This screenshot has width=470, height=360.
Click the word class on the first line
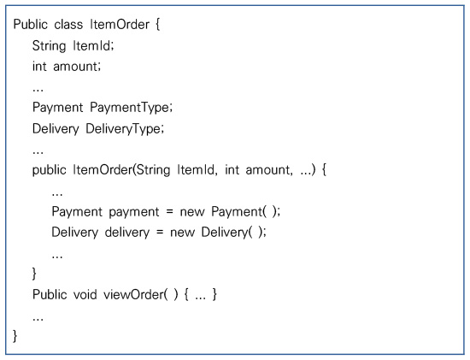click(68, 24)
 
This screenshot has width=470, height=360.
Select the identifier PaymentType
click(131, 108)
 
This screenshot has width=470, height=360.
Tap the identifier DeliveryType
click(125, 129)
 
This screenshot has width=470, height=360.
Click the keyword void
click(85, 295)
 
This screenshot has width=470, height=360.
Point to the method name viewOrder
click(133, 295)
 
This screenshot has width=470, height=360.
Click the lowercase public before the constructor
click(50, 170)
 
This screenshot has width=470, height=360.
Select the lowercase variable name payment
click(134, 212)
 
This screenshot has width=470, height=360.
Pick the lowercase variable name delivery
click(127, 233)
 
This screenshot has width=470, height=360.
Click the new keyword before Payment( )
click(192, 212)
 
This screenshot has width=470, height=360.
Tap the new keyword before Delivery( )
click(182, 233)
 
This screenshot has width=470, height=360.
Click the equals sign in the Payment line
click(170, 212)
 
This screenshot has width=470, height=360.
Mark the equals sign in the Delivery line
click(160, 233)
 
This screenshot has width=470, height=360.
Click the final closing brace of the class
click(15, 336)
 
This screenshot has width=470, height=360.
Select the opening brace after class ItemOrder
click(158, 25)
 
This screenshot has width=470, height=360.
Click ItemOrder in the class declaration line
click(120, 24)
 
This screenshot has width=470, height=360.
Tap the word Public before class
click(30, 24)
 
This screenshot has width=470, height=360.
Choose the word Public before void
click(50, 295)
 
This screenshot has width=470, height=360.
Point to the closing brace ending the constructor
click(34, 274)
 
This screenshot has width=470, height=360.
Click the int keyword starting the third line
click(39, 67)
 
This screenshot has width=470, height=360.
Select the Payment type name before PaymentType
click(57, 108)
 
